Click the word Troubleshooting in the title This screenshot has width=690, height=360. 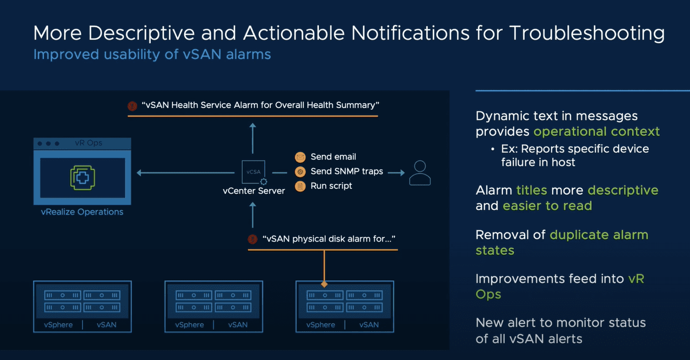(x=586, y=33)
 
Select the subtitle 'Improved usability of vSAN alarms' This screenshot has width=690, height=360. (x=152, y=55)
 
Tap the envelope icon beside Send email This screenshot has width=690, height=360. (x=300, y=157)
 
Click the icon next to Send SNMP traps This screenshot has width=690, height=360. (x=300, y=171)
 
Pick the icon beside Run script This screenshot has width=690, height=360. (x=300, y=186)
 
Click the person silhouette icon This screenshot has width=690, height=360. (x=419, y=173)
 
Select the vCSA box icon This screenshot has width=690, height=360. (x=253, y=172)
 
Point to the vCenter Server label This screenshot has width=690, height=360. (x=253, y=191)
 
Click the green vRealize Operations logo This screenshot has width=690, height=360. (x=82, y=177)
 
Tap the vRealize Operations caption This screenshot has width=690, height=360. (x=82, y=212)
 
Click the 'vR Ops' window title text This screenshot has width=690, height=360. (x=89, y=143)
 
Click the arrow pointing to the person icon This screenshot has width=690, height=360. (x=396, y=173)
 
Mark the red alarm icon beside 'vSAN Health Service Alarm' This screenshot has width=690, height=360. (x=132, y=106)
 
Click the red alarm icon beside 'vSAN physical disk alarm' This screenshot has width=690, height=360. (x=252, y=239)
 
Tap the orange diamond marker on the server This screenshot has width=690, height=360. (x=324, y=284)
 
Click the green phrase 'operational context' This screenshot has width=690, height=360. (x=597, y=131)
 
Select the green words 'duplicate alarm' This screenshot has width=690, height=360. (x=599, y=235)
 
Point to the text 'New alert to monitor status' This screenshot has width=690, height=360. (x=560, y=323)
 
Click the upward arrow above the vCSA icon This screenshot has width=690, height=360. (x=252, y=138)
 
